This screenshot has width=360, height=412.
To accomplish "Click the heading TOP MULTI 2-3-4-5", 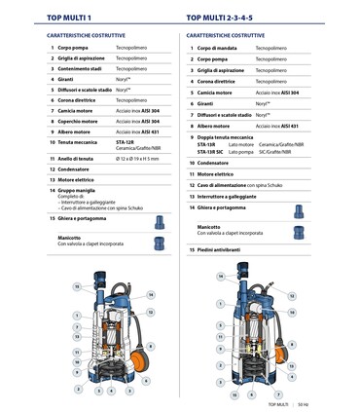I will coord(225,18).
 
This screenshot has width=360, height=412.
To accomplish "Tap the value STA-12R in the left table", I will coord(126,141).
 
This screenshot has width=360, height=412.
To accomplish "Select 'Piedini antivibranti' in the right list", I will coord(218,249).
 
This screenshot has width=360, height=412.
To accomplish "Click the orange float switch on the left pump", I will coord(148,348).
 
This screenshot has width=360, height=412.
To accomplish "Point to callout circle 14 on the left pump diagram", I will coord(150,294).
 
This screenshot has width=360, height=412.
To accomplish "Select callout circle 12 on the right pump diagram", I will coord(291,296).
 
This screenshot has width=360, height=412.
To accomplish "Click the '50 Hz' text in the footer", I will coord(303,403).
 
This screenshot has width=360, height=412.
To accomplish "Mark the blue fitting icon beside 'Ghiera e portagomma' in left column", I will coord(159,222).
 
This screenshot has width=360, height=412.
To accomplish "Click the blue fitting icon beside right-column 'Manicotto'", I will coord(299,232).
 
